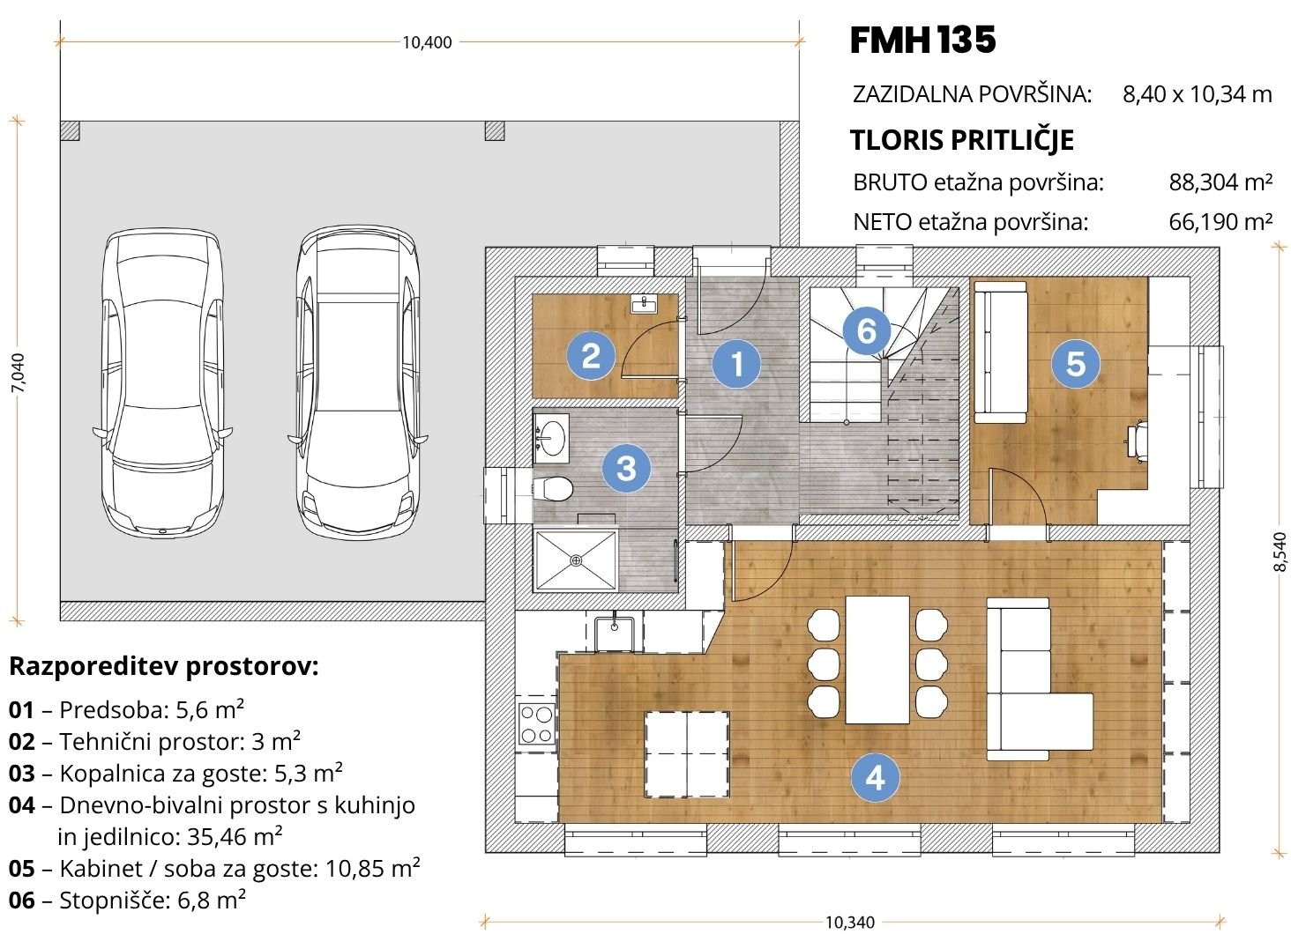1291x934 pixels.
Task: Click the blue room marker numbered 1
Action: point(736,363)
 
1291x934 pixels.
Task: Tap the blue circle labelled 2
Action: point(591,356)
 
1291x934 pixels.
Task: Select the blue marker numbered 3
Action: point(626,468)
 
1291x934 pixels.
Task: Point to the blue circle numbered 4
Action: point(875,778)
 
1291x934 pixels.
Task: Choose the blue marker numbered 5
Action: point(1076,363)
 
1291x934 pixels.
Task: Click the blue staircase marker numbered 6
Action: point(866,330)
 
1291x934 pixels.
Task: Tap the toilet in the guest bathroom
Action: point(552,489)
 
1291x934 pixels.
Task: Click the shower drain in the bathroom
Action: point(577,560)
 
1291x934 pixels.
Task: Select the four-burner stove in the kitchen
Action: point(536,723)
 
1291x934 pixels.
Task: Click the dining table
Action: point(877,660)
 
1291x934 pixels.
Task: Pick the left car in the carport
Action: point(162,383)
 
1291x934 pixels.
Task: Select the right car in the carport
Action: point(358,382)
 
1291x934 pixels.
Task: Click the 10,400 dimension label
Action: point(427,42)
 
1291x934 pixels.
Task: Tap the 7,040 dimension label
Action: point(19,373)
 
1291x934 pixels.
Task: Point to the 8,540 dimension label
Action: point(1279,552)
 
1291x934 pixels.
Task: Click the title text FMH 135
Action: point(922,40)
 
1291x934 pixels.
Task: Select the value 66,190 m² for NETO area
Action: point(1220,222)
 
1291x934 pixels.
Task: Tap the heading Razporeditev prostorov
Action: point(164,667)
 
